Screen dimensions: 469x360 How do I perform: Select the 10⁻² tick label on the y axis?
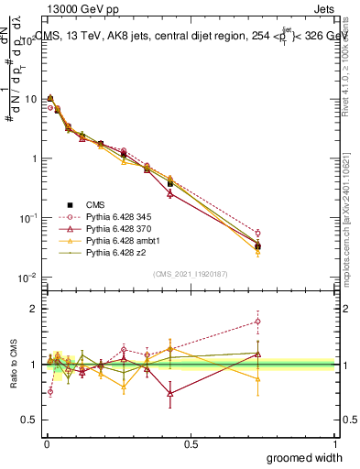point(27,278)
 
